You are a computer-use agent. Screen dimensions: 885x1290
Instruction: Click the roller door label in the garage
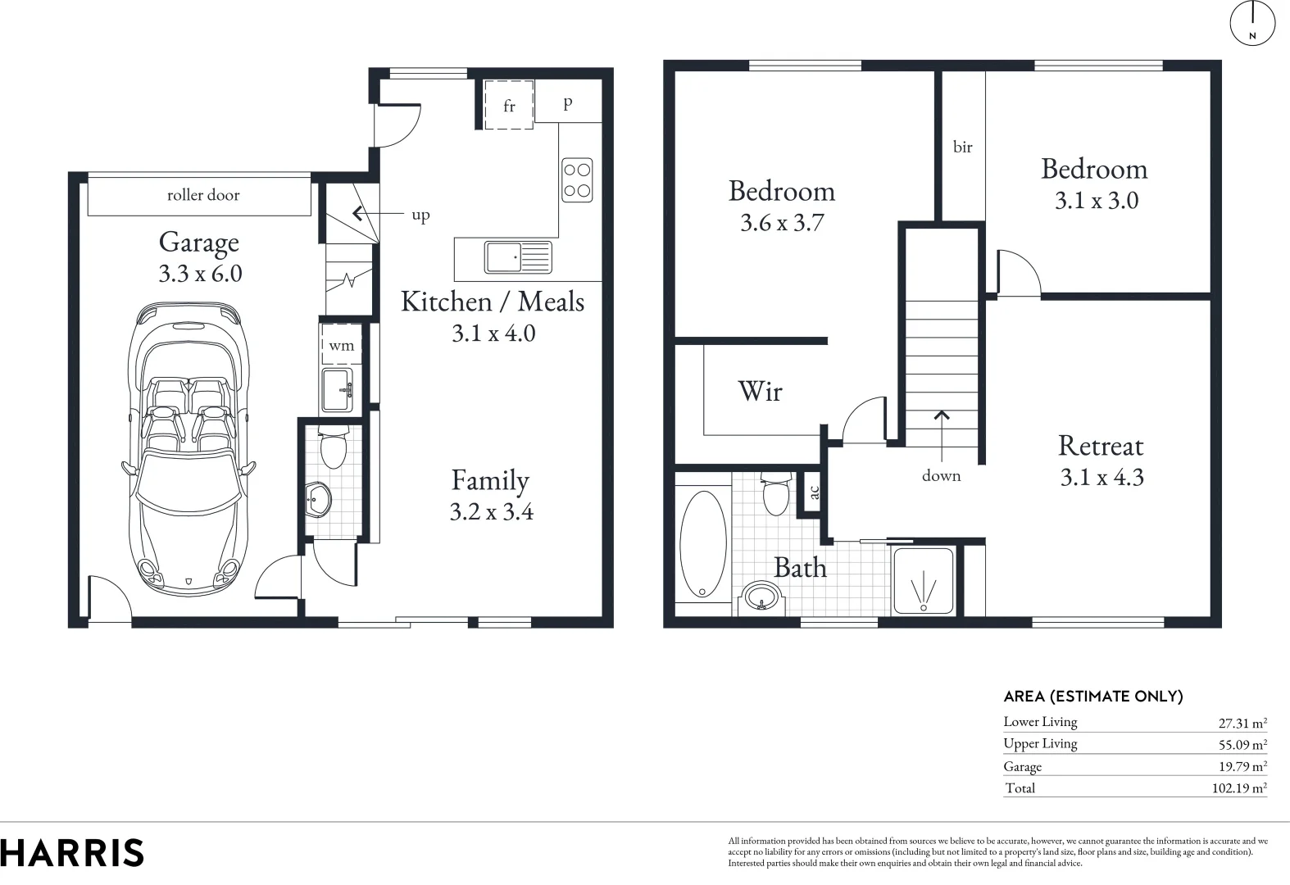pos(202,195)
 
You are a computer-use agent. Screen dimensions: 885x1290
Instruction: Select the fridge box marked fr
pos(509,105)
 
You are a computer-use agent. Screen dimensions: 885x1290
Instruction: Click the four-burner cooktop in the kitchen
pos(577,180)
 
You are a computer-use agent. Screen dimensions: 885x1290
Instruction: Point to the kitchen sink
pos(517,257)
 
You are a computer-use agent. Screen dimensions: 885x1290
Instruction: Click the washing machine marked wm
pos(341,345)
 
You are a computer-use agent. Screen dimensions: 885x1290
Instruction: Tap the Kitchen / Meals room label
pos(492,302)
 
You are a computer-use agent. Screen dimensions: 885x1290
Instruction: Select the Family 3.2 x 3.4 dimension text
pos(491,512)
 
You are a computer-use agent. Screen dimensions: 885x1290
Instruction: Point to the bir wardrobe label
pos(962,147)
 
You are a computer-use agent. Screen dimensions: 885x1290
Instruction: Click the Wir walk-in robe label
pos(760,392)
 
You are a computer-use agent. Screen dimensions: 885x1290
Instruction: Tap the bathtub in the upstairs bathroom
pos(703,543)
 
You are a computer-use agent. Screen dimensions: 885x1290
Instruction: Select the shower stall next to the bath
pos(924,581)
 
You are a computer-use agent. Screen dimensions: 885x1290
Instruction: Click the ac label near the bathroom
pos(814,492)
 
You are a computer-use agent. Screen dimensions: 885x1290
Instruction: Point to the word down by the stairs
pos(941,476)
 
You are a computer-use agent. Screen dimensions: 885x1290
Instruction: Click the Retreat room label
pos(1100,446)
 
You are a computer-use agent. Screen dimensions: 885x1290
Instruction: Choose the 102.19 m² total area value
pos(1238,788)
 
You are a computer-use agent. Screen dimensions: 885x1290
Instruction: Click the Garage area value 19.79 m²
pos(1242,767)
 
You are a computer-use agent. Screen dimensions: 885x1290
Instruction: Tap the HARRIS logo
pos(72,853)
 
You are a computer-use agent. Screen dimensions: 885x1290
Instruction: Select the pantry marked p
pos(568,103)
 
